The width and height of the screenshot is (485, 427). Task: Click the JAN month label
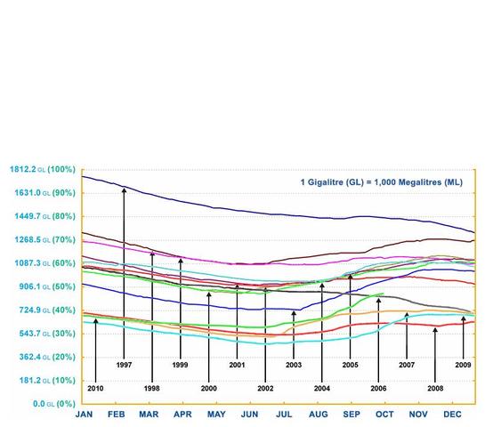coord(85,415)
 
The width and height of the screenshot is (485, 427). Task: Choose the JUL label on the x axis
coord(284,415)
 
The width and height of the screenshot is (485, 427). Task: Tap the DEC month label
coord(452,415)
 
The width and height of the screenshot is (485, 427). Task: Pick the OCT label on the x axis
coord(385,415)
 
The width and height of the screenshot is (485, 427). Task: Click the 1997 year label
coord(124,365)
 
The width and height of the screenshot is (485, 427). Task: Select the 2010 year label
coord(95,388)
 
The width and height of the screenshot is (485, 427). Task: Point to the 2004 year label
coord(321,388)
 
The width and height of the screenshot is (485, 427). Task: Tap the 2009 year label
coord(463,365)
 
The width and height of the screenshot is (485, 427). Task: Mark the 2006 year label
coord(378,388)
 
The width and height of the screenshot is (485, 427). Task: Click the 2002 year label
coord(265,388)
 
